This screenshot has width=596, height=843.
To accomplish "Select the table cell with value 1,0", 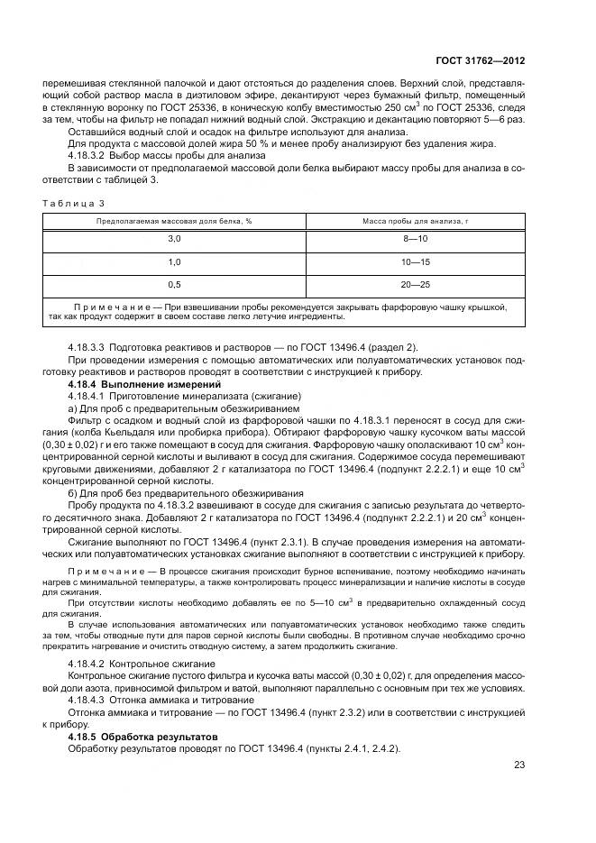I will coord(174,261).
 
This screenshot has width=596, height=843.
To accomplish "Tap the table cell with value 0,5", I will coord(174,285).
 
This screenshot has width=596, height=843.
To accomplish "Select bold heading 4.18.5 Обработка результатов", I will coord(142,737).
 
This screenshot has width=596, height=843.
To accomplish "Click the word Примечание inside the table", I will coord(116,307).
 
